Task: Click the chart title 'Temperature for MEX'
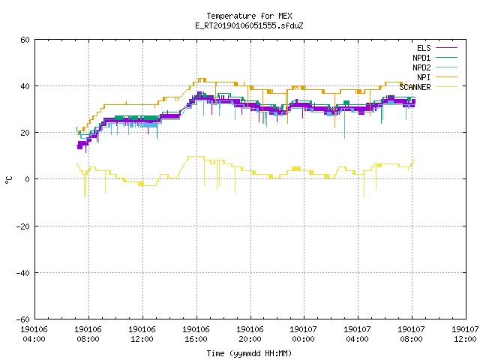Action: [x=249, y=16]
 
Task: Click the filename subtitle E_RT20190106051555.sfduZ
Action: [x=249, y=25]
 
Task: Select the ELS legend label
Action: [x=424, y=48]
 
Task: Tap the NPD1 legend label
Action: [x=421, y=58]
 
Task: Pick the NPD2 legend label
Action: [x=421, y=67]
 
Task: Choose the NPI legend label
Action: [x=424, y=77]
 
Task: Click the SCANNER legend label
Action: [x=415, y=87]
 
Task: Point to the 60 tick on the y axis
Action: [x=25, y=40]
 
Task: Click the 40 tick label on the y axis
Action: [x=25, y=86]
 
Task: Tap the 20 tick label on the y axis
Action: [x=25, y=133]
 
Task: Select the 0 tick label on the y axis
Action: [x=28, y=179]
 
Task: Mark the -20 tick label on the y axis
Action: [x=23, y=226]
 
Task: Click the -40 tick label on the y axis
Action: [x=23, y=273]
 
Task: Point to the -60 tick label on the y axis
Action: [x=23, y=319]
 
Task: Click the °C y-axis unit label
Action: [x=8, y=180]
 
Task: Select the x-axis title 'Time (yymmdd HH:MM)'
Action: [x=249, y=353]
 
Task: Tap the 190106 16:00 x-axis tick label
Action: [x=196, y=334]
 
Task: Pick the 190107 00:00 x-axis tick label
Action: [x=303, y=334]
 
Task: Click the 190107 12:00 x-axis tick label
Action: [x=465, y=334]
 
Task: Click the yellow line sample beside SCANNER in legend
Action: [x=446, y=87]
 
